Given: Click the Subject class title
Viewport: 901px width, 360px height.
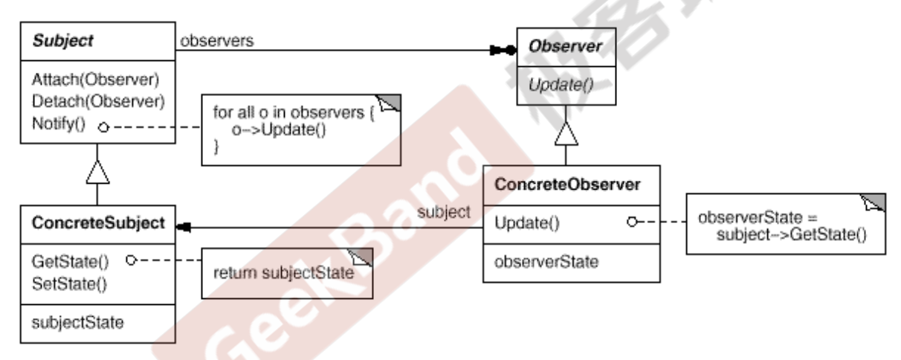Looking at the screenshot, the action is (63, 41).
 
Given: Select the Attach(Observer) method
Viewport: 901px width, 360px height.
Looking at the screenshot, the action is (96, 80).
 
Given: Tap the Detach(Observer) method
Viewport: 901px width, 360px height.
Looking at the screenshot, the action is (98, 101).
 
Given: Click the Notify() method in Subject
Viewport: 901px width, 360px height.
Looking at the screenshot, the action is (59, 123).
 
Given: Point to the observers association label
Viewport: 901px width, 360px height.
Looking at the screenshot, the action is (217, 41).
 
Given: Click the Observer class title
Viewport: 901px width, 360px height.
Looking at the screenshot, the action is (565, 46).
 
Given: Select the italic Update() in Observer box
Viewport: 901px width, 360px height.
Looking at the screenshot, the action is (561, 85).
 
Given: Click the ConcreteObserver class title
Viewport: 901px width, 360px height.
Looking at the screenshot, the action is (567, 184).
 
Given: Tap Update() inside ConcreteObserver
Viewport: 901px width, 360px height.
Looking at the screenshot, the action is (527, 223).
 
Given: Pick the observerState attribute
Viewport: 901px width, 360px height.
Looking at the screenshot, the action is (546, 262).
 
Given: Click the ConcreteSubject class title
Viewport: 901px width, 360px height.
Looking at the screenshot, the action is (98, 223).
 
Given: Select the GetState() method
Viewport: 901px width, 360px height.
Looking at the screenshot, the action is (70, 262).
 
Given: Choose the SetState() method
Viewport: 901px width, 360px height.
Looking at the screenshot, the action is (69, 284).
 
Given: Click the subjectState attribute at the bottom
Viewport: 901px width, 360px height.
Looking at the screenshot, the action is (77, 323).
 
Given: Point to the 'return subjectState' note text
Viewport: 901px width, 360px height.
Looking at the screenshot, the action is (283, 273).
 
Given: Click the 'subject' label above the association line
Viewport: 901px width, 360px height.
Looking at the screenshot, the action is (444, 212).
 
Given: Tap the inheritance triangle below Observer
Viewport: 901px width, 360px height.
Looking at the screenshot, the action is (566, 134).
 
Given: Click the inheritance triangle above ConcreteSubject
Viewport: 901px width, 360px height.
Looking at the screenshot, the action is (97, 172).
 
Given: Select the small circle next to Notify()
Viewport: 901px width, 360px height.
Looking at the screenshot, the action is (103, 127).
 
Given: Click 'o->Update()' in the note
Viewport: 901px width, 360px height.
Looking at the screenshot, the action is (279, 130).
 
